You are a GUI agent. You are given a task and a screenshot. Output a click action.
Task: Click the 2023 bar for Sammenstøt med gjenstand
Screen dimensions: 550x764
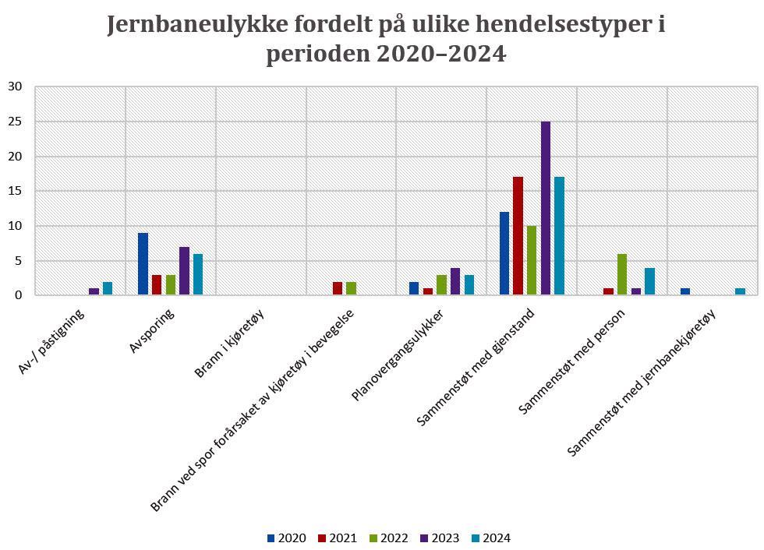tap(545, 208)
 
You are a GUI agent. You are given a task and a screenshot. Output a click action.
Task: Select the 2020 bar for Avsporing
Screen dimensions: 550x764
tap(143, 263)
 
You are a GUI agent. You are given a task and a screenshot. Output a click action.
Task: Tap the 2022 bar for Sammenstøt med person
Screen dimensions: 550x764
tap(621, 274)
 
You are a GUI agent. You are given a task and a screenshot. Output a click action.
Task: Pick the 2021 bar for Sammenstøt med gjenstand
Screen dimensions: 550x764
tap(518, 236)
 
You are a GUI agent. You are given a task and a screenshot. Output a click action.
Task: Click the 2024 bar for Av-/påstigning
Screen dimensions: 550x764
tap(108, 288)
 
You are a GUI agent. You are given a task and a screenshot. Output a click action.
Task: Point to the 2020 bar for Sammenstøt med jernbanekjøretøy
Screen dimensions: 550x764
tap(685, 291)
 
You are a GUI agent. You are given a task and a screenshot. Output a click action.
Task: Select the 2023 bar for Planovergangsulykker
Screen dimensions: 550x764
tap(455, 281)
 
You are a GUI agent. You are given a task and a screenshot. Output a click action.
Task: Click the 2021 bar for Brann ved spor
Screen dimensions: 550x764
tap(337, 288)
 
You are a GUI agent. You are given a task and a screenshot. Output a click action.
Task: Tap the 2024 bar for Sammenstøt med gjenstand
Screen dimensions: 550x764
tap(559, 236)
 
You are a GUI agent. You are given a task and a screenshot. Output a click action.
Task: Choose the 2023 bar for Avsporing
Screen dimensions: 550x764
tap(184, 270)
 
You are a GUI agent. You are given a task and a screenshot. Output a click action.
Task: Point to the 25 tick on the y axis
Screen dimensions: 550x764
tap(16, 122)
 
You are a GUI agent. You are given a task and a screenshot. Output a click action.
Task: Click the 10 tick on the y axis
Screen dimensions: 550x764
tap(16, 226)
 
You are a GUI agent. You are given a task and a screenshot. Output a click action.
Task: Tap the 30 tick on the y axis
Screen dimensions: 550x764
tap(16, 86)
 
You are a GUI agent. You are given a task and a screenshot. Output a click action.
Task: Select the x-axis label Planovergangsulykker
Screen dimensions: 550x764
tap(399, 354)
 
